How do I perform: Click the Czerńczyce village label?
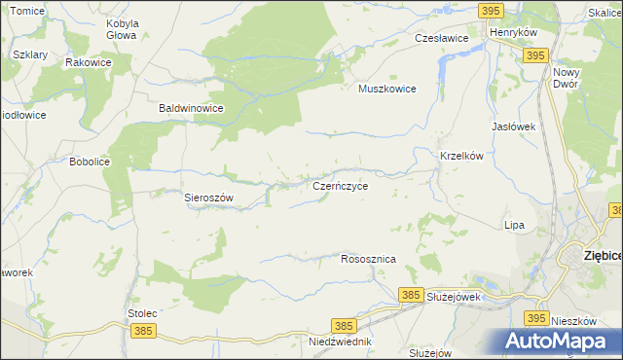(x=340, y=184)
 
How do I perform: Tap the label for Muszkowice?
(x=387, y=89)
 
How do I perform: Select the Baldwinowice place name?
(x=192, y=109)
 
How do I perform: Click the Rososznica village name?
(x=368, y=260)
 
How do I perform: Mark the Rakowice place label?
(x=88, y=61)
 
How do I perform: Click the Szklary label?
(x=31, y=54)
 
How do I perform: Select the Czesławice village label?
(x=442, y=38)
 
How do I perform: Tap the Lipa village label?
(x=514, y=225)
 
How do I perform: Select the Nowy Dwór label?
(x=566, y=78)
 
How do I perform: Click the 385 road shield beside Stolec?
(x=143, y=331)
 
